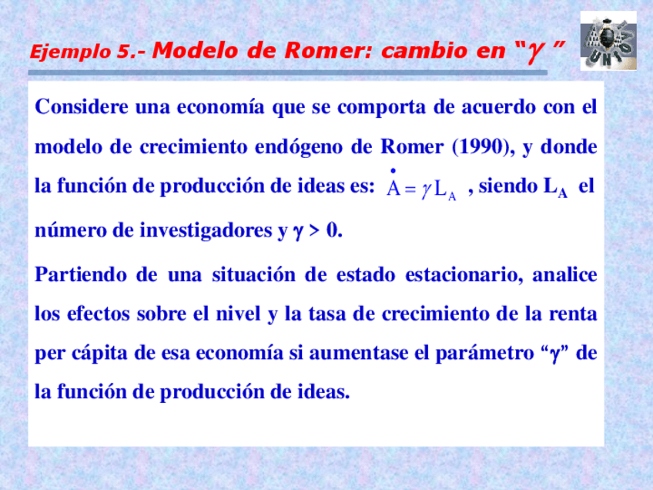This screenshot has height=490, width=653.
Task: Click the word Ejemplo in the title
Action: pyautogui.click(x=71, y=52)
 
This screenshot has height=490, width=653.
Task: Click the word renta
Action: pyautogui.click(x=573, y=314)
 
